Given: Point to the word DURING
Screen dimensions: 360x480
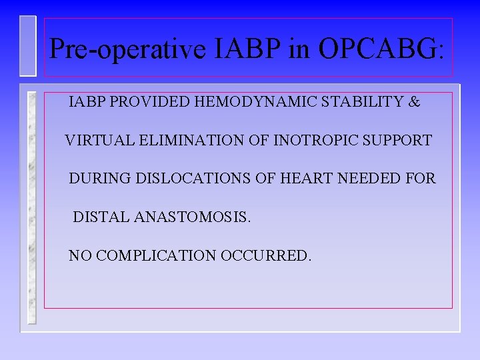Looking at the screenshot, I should pos(100,179).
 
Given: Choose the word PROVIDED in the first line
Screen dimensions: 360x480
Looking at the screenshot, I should pos(143,103).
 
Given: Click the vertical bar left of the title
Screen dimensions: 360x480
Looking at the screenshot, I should pos(27,45).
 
